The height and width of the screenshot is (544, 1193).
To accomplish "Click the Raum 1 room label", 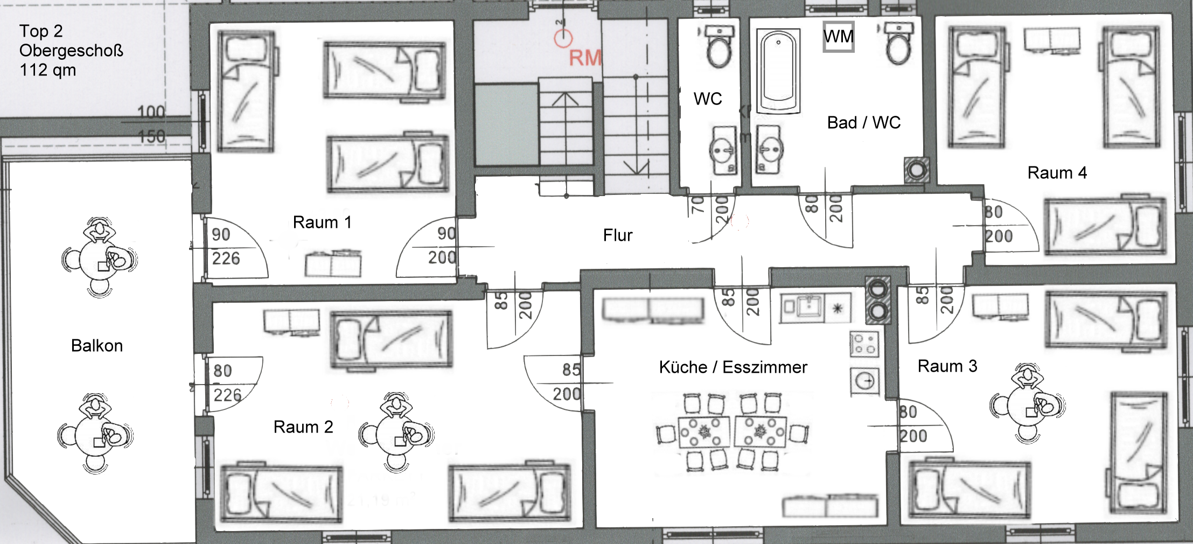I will pyautogui.click(x=322, y=222).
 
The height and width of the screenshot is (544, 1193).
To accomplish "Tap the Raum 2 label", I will pyautogui.click(x=303, y=427).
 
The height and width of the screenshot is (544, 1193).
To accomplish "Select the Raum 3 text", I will pyautogui.click(x=947, y=366).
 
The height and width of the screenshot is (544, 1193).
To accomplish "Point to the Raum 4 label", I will pyautogui.click(x=1057, y=173).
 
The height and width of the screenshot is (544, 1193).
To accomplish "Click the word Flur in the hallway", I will pyautogui.click(x=617, y=235).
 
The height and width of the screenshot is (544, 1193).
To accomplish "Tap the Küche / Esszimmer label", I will pyautogui.click(x=733, y=367).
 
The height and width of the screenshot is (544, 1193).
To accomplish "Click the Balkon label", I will pyautogui.click(x=97, y=346).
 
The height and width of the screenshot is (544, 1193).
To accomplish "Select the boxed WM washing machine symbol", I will pyautogui.click(x=839, y=37).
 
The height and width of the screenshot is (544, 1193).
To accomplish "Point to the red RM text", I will pyautogui.click(x=585, y=58).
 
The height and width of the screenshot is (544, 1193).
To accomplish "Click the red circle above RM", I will pyautogui.click(x=563, y=38).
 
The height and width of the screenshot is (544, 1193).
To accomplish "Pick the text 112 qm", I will pyautogui.click(x=47, y=71).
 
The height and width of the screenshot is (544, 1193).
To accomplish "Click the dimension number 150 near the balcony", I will pyautogui.click(x=151, y=137).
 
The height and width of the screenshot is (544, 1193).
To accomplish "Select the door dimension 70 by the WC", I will pyautogui.click(x=697, y=205).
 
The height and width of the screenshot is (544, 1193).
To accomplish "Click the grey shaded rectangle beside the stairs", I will pyautogui.click(x=506, y=124).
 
